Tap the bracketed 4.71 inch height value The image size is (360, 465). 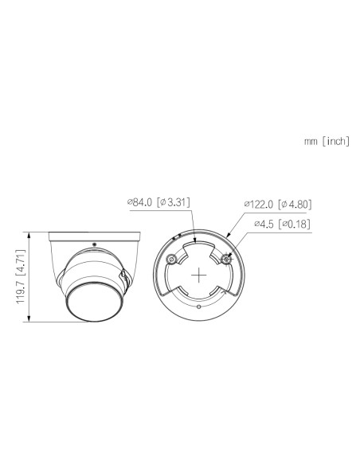(20, 261)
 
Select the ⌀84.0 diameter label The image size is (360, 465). (139, 202)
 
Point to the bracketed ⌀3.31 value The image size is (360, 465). (173, 202)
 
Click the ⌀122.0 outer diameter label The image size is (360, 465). (259, 205)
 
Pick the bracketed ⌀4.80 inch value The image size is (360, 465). (295, 205)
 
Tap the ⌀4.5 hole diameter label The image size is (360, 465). (264, 224)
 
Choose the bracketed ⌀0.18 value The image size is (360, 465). (295, 224)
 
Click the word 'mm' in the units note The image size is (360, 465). (311, 142)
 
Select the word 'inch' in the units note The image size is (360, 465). (336, 141)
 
